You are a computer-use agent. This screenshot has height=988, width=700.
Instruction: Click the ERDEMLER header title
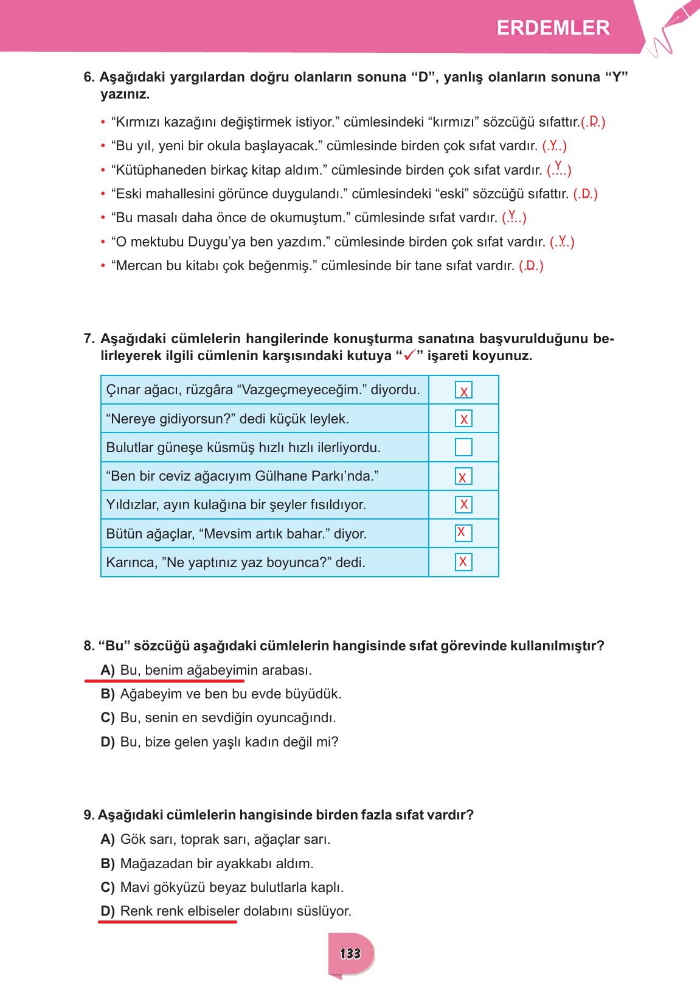[x=553, y=28]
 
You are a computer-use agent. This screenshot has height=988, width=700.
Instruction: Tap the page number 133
[x=350, y=953]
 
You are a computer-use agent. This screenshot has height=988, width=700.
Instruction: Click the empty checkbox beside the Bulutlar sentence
[x=463, y=447]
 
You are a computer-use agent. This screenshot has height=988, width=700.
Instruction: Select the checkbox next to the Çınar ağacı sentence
[x=463, y=391]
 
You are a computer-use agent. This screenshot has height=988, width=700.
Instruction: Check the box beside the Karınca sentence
[x=463, y=562]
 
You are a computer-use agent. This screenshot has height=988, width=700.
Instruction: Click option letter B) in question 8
[x=108, y=694]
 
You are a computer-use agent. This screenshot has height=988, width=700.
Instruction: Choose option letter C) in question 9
[x=108, y=887]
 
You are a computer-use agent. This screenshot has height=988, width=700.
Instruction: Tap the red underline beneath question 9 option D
[x=167, y=922]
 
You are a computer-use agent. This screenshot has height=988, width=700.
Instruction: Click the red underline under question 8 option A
[x=164, y=681]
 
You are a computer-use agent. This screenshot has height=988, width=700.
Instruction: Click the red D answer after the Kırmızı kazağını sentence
[x=594, y=120]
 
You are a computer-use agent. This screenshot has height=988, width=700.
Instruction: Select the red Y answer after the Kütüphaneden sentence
[x=558, y=165]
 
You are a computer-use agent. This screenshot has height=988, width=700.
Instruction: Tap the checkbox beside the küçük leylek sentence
[x=463, y=419]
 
